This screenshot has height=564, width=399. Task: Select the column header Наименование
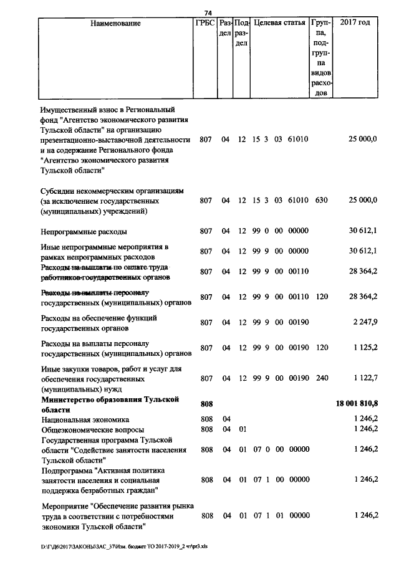point(115,24)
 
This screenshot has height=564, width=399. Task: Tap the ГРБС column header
point(204,24)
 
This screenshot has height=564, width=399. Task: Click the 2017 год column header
point(355,24)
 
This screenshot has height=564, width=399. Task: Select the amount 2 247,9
point(365,323)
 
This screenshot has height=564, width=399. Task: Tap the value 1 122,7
point(365,378)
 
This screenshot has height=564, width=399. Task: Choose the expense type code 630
point(321,201)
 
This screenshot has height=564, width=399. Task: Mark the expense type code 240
point(321,378)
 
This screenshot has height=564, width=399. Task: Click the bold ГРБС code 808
point(206,404)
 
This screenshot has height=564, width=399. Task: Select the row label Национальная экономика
point(85,420)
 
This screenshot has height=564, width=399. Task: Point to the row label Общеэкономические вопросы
point(92,430)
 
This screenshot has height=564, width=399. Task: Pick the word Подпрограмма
point(69,471)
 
